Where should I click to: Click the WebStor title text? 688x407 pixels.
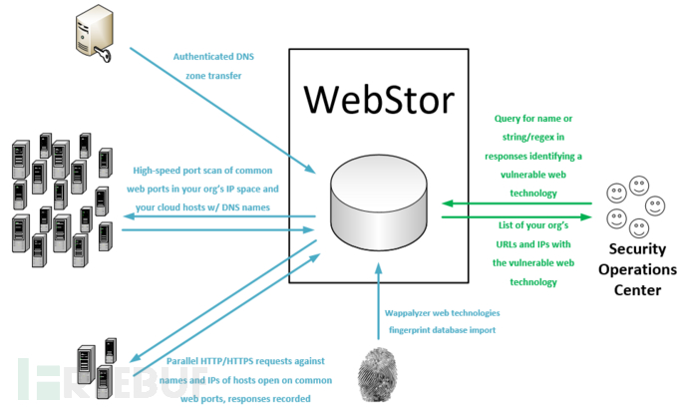point(379,100)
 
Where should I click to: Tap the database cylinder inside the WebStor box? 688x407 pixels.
point(379,203)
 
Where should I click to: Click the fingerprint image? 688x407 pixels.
point(377,374)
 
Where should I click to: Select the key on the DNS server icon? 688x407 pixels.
point(103,55)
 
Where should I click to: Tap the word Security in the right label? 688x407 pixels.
point(637,249)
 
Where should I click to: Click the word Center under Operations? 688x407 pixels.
point(637,289)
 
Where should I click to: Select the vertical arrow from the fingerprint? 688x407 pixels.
point(379,301)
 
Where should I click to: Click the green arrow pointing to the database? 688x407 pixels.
point(516,203)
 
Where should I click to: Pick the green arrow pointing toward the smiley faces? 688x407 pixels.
point(516,216)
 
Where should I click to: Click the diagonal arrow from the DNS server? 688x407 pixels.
point(223,111)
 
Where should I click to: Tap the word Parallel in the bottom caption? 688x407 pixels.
point(182,361)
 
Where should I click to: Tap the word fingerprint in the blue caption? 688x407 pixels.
point(410,330)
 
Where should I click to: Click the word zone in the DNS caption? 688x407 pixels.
point(195,76)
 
